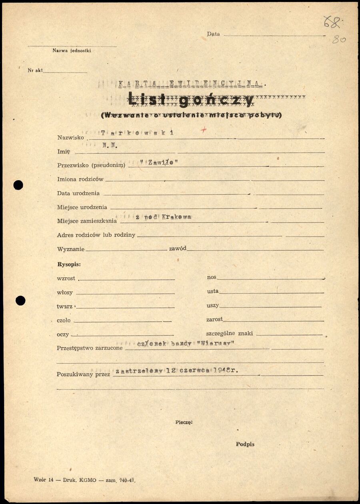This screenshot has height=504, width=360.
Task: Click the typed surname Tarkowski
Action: click(137, 133)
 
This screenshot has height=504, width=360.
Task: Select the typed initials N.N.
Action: click(110, 146)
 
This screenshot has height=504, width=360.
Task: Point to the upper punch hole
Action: click(18, 185)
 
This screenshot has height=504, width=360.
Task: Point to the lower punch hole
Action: click(20, 300)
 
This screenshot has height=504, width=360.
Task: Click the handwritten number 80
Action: click(339, 40)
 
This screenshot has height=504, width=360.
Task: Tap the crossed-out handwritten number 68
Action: click(332, 22)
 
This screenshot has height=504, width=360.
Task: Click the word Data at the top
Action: click(213, 34)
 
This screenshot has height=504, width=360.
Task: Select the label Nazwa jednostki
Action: click(72, 50)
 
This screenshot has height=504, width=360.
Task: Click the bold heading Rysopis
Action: click(69, 265)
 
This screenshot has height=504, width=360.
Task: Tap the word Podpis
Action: click(245, 444)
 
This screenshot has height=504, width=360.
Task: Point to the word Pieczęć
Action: click(184, 422)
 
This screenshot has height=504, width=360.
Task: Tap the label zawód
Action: click(178, 249)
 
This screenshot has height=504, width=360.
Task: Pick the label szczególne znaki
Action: click(229, 333)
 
